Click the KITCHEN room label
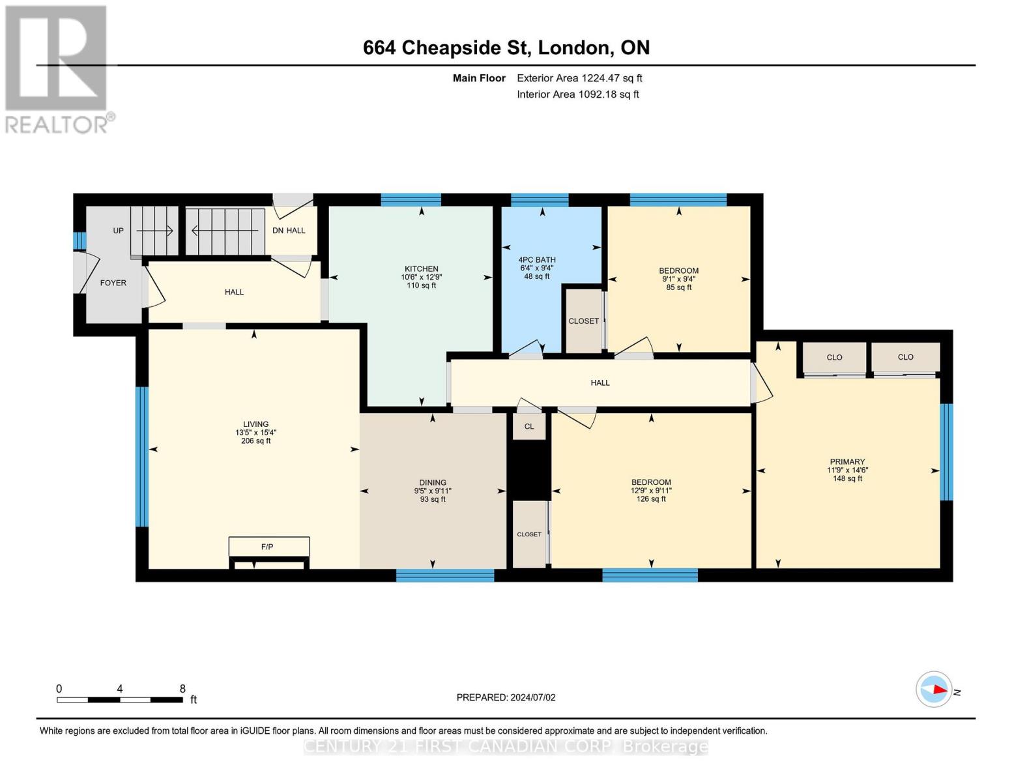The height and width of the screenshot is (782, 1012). click(x=421, y=268)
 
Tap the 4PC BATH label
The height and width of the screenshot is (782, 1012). click(x=537, y=259)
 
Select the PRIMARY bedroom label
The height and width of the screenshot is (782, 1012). click(x=847, y=461)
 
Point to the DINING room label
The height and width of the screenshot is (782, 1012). click(x=433, y=482)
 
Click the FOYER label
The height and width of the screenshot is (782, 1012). click(x=113, y=283)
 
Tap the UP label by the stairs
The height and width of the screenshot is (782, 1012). click(x=118, y=231)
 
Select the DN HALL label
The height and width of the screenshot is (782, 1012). click(x=289, y=231)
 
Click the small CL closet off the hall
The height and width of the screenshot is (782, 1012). click(x=529, y=427)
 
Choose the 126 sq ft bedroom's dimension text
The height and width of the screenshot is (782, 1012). click(x=651, y=491)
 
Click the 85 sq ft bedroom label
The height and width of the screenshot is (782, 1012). click(x=678, y=270)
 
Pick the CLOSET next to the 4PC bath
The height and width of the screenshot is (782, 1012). click(x=583, y=321)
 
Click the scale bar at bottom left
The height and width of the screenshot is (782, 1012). click(x=120, y=700)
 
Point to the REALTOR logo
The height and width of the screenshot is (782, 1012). click(x=57, y=68)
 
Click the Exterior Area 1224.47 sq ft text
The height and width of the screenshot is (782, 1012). click(x=579, y=78)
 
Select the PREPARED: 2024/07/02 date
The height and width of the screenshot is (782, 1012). click(x=506, y=697)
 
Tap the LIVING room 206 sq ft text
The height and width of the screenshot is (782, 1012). click(x=255, y=441)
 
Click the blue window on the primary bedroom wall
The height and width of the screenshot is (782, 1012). click(x=946, y=452)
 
